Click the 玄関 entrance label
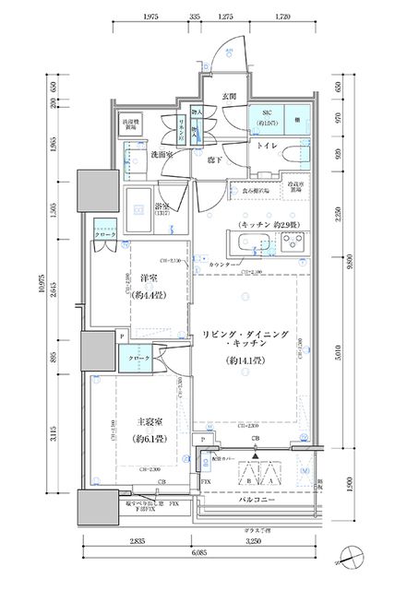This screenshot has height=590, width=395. [x=230, y=95]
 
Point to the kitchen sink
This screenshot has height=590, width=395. [x=247, y=244]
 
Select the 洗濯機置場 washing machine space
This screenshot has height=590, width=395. [x=130, y=124]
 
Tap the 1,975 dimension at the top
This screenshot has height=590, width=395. [x=153, y=17]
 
